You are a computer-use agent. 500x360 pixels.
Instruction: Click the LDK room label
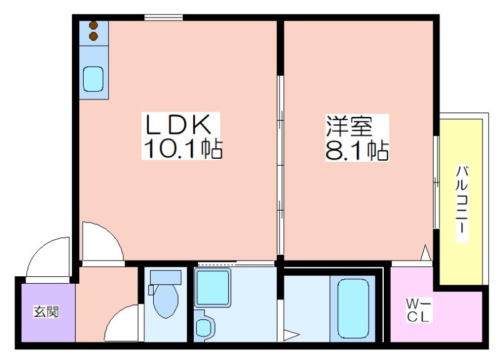[x=179, y=124]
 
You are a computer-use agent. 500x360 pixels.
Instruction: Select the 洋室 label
[x=349, y=126]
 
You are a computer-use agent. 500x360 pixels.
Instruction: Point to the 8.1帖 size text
[x=357, y=150]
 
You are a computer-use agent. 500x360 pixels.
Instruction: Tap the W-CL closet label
[x=418, y=310]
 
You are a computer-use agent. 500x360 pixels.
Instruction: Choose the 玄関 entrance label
[x=46, y=311]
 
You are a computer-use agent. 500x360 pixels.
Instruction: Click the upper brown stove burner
[x=93, y=25]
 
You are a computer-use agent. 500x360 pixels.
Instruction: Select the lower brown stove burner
[x=93, y=36]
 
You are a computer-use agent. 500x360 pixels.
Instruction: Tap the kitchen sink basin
[x=93, y=79]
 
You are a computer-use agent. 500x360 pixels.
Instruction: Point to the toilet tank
[x=166, y=277]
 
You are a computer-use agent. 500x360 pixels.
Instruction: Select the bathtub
[x=353, y=308]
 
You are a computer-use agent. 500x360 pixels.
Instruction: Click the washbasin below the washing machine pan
[x=204, y=326]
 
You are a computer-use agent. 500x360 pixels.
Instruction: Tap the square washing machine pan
[x=212, y=287]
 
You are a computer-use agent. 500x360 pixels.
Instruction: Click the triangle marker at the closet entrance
[x=426, y=253]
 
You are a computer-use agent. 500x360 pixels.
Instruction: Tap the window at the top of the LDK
[x=163, y=17]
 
